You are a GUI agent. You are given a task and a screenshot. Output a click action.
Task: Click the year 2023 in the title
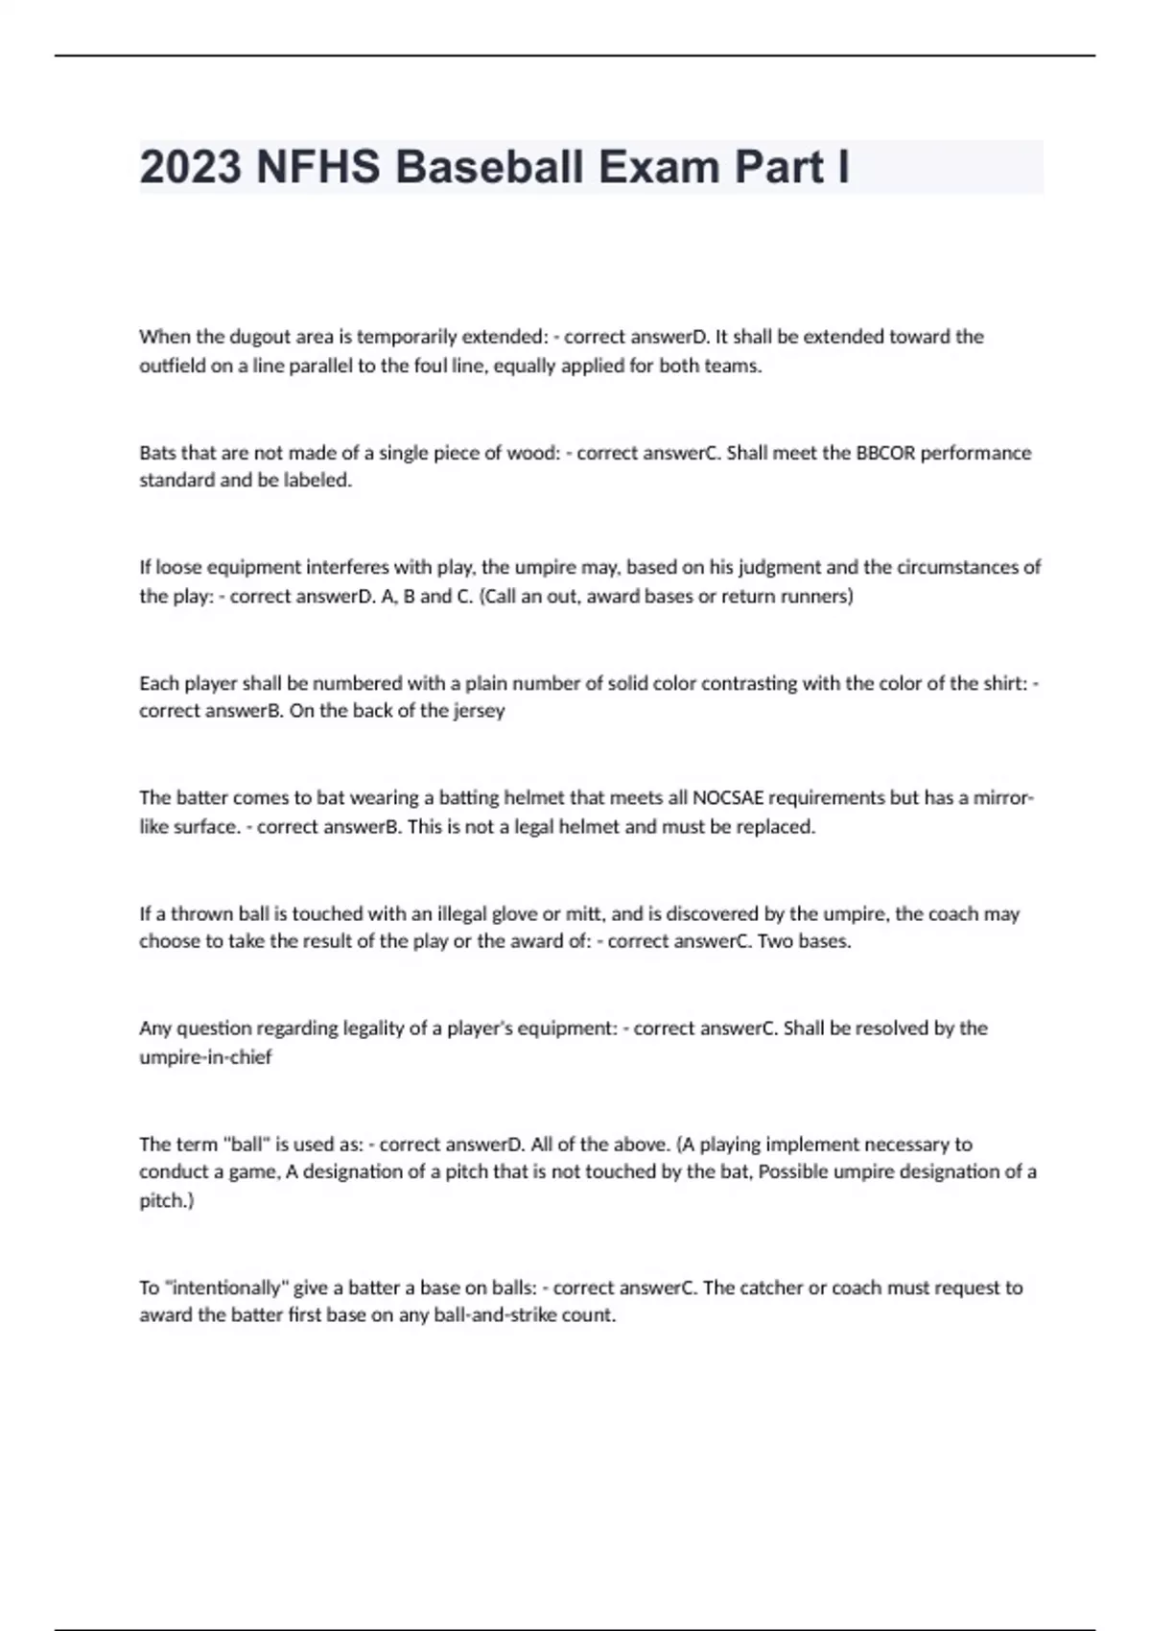point(191,168)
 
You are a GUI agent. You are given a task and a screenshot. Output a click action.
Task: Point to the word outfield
point(172,366)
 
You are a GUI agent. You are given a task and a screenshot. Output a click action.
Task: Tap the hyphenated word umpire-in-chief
point(205,1057)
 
